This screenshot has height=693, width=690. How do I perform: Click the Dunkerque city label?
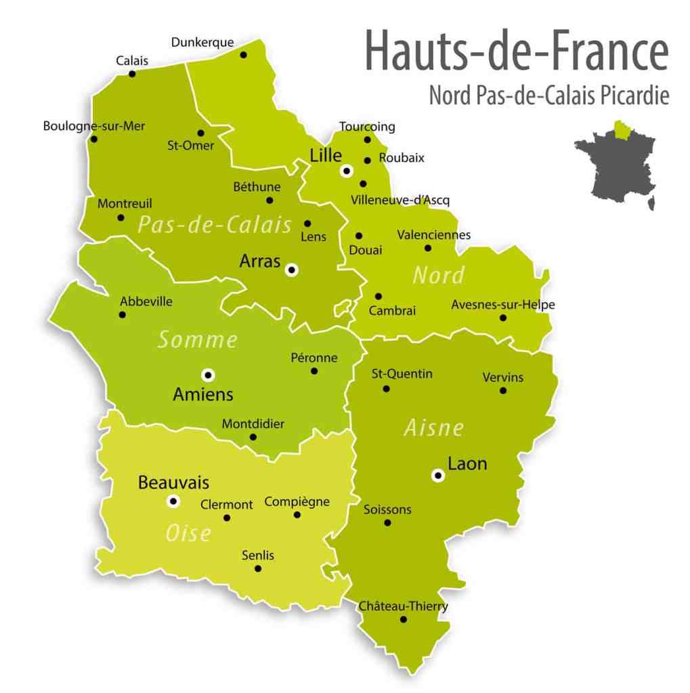coord(202,42)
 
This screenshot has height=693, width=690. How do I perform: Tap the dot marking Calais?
coord(133,74)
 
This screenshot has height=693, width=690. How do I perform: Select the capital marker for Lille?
coord(347,171)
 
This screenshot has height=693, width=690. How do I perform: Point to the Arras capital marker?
coord(292,270)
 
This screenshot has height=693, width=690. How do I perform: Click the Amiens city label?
coord(203,394)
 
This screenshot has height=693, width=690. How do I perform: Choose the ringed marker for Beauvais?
coord(173,501)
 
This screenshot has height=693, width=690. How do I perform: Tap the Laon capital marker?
coord(437,476)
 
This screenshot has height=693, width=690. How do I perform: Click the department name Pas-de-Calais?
coord(215,225)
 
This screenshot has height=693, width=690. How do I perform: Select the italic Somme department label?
coord(197,340)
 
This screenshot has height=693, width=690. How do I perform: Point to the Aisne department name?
coord(434,428)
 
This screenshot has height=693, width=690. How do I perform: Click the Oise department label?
coord(188,534)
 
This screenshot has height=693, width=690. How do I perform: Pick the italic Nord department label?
coord(438,276)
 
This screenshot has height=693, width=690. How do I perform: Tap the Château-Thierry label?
coord(403,606)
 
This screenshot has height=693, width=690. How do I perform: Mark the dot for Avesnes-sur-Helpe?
coord(503,318)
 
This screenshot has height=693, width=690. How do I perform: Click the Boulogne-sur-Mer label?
coord(94,126)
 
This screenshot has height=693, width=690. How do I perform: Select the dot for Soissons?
coord(387,522)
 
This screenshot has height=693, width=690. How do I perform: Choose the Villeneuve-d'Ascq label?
coord(400,201)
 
